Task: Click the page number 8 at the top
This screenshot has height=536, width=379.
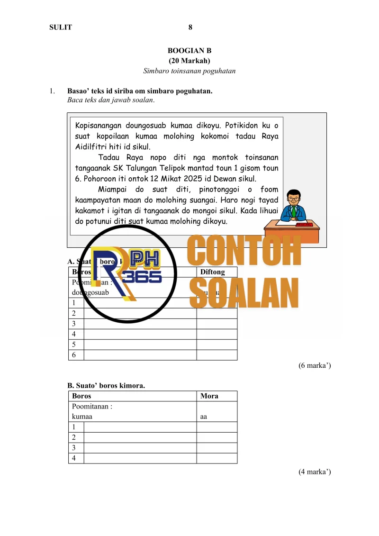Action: pyautogui.click(x=190, y=27)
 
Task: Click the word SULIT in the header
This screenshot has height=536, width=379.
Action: pyautogui.click(x=61, y=27)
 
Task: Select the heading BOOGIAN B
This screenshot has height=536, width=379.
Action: pyautogui.click(x=189, y=50)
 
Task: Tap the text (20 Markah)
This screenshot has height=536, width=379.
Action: pyautogui.click(x=189, y=61)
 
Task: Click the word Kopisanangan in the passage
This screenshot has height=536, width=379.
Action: pyautogui.click(x=98, y=126)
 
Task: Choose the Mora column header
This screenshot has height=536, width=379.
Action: pyautogui.click(x=209, y=396)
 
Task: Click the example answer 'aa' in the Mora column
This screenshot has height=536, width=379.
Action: pyautogui.click(x=204, y=417)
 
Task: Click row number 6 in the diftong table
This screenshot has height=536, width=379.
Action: pyautogui.click(x=74, y=355)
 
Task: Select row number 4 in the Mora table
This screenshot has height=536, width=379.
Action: pyautogui.click(x=74, y=458)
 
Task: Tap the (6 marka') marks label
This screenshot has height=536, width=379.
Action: pyautogui.click(x=314, y=366)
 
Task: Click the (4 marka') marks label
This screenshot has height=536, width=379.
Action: pyautogui.click(x=314, y=472)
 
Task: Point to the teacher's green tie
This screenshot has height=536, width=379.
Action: pyautogui.click(x=294, y=210)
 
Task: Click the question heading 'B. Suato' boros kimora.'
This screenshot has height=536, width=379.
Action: pyautogui.click(x=106, y=386)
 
